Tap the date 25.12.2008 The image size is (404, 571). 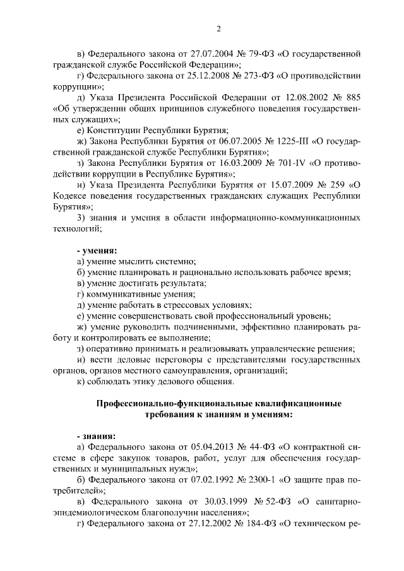[x=198, y=76]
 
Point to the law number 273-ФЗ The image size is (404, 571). [x=252, y=76]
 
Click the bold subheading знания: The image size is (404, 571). [x=95, y=436]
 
